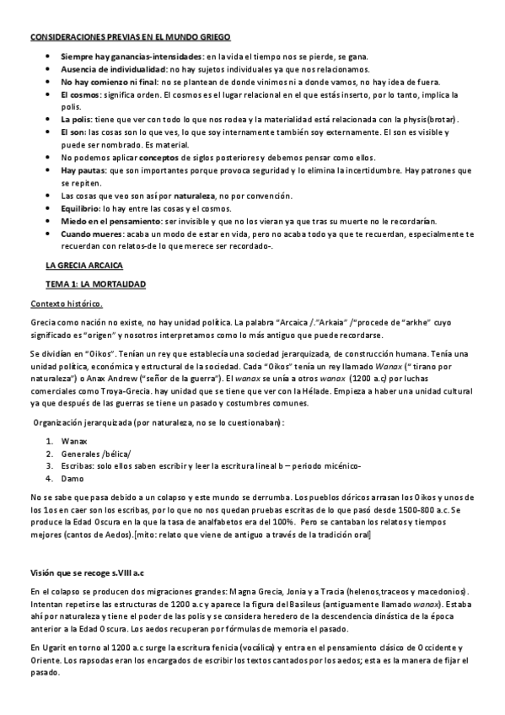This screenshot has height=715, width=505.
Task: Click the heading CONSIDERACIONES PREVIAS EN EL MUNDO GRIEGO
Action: click(129, 39)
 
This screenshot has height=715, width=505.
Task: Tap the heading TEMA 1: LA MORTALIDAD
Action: click(95, 285)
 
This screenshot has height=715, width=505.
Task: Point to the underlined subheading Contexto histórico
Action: click(67, 304)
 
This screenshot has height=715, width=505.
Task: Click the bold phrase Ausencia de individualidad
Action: click(113, 68)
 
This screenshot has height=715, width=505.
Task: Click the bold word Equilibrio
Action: click(81, 207)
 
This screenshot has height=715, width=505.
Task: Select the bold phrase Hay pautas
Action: click(83, 171)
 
